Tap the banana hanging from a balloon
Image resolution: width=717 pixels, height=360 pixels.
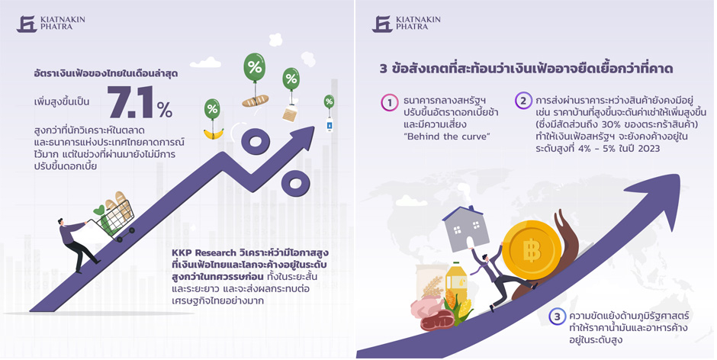point(213,133)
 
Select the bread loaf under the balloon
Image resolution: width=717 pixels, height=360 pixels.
point(256,101)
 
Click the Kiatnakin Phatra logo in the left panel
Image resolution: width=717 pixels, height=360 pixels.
point(51,24)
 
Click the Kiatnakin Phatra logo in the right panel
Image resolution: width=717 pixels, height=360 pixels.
point(406,24)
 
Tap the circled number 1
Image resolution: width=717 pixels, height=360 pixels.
point(390,103)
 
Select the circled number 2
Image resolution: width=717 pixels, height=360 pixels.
point(523,101)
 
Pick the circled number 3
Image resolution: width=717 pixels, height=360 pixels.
point(557,317)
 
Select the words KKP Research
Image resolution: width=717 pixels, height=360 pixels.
point(204,253)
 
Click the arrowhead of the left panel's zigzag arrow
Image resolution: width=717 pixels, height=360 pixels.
point(298,137)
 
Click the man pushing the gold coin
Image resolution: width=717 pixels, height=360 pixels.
point(498,275)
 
